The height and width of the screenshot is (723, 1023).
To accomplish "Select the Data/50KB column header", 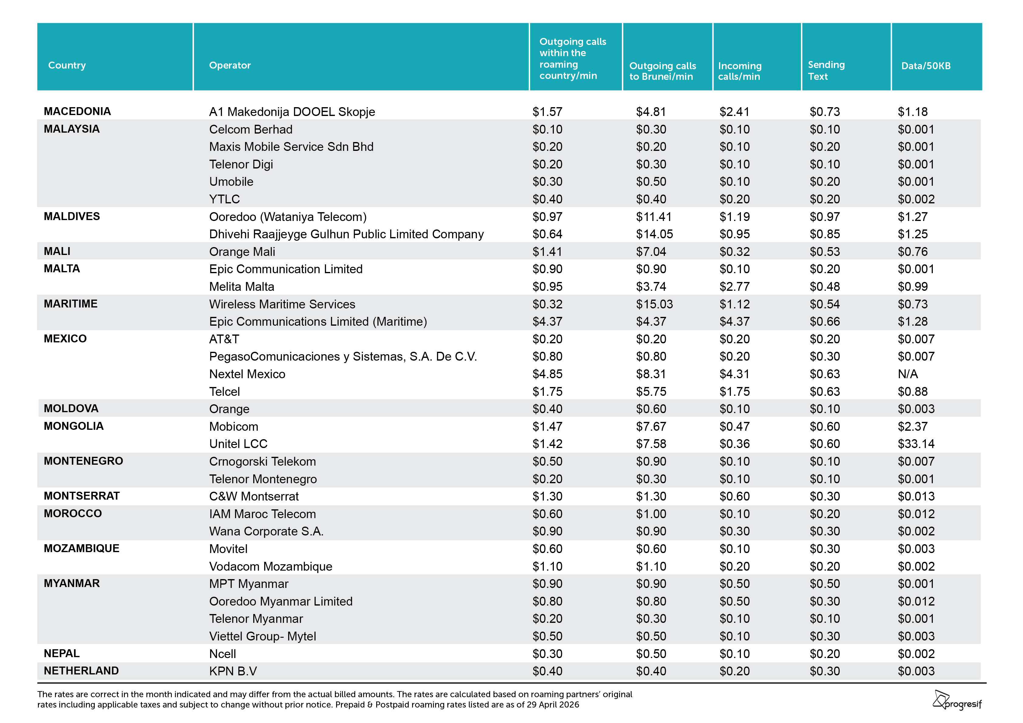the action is pyautogui.click(x=926, y=66).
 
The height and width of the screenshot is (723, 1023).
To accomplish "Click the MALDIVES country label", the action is pyautogui.click(x=72, y=216).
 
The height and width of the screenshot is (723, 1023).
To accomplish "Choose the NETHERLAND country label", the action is pyautogui.click(x=81, y=670).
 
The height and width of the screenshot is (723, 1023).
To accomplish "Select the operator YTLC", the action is pyautogui.click(x=225, y=199).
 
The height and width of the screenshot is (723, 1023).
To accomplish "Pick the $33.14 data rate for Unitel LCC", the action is pyautogui.click(x=916, y=444).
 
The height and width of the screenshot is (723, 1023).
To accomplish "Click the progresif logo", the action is pyautogui.click(x=957, y=700).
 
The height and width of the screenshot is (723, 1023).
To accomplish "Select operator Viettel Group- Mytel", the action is pyautogui.click(x=263, y=636).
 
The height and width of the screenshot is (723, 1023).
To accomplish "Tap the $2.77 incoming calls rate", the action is pyautogui.click(x=735, y=287).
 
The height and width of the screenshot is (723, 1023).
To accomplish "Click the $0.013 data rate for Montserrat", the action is pyautogui.click(x=916, y=496).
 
